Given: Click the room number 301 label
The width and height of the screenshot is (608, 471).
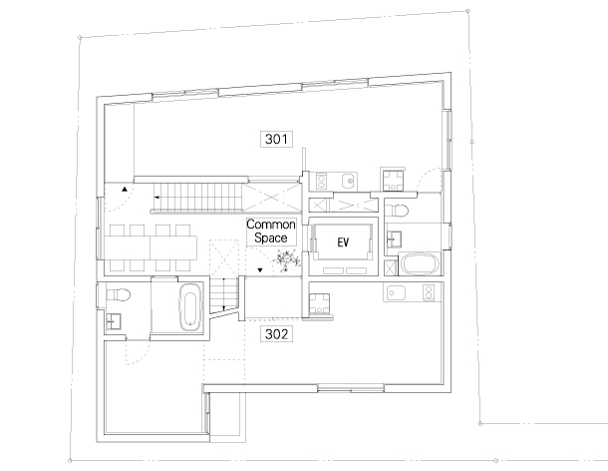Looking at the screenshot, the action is coord(276,139).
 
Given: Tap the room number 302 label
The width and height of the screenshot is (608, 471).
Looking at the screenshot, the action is coord(276,334).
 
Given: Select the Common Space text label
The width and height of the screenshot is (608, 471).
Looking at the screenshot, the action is coord(271,232).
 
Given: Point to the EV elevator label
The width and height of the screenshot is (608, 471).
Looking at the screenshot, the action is coord(343,242).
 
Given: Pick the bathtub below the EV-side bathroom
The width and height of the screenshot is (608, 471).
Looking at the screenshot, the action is coord(420,264).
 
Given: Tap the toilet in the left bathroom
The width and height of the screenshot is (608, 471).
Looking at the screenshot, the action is coord(118,294).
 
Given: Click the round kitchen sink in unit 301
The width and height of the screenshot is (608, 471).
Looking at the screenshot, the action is coord(350,181).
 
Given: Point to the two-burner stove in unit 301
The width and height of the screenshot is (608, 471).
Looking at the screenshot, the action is coord(321,181).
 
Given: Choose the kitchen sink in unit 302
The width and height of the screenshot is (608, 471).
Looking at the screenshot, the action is coord(396,292).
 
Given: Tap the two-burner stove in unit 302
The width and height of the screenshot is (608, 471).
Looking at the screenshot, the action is coord(429,292).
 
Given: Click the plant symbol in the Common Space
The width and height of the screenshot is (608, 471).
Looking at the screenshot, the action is coord(287,260).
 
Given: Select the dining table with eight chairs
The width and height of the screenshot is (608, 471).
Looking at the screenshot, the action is coord(151,247).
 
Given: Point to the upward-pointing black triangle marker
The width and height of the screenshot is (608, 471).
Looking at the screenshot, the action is coord(125,190).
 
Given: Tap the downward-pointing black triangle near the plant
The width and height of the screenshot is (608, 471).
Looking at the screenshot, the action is coord(260,270).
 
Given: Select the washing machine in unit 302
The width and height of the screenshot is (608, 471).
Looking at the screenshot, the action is coord(320,303).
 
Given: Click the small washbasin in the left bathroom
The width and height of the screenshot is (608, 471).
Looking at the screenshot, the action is coord(114,321).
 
